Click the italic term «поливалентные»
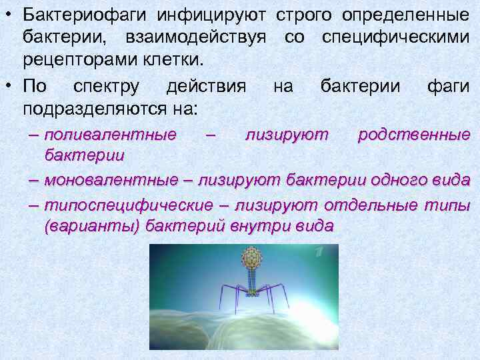[x=110, y=135]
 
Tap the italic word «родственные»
[x=413, y=135]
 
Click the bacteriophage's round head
[x=252, y=257]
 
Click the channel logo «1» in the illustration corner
[x=320, y=252]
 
